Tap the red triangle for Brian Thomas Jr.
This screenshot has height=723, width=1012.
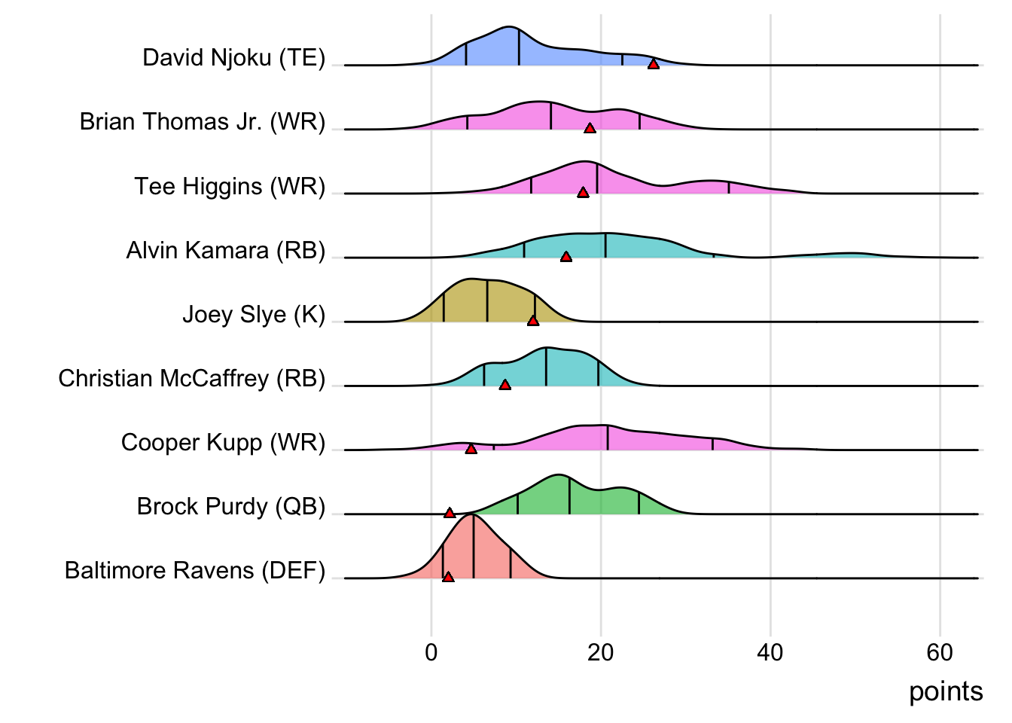pyautogui.click(x=590, y=129)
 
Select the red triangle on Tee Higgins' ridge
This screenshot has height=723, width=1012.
pyautogui.click(x=583, y=193)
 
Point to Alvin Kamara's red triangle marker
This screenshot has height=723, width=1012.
pyautogui.click(x=566, y=257)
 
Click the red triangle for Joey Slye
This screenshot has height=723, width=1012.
pyautogui.click(x=533, y=321)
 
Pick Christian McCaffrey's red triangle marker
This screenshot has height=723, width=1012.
pyautogui.click(x=505, y=385)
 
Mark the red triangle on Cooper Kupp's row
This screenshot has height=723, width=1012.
pyautogui.click(x=471, y=449)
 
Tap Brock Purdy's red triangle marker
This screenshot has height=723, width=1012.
pyautogui.click(x=450, y=513)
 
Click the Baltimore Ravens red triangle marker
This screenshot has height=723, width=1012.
pyautogui.click(x=448, y=577)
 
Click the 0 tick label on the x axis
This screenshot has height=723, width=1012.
pyautogui.click(x=431, y=652)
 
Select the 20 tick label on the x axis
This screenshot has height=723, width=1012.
pyautogui.click(x=601, y=652)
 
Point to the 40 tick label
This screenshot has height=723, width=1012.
pyautogui.click(x=770, y=652)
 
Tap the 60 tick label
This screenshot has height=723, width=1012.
pyautogui.click(x=940, y=652)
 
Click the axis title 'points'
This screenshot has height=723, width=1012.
pyautogui.click(x=946, y=691)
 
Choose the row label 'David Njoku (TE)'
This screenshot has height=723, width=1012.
pyautogui.click(x=233, y=57)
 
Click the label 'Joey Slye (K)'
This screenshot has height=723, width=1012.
pyautogui.click(x=254, y=314)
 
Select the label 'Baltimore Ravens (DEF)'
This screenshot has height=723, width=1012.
pyautogui.click(x=195, y=570)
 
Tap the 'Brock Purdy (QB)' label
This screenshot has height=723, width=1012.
pyautogui.click(x=231, y=506)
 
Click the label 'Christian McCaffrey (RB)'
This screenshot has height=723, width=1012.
pyautogui.click(x=192, y=378)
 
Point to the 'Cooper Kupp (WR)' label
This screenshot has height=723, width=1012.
pyautogui.click(x=223, y=442)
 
